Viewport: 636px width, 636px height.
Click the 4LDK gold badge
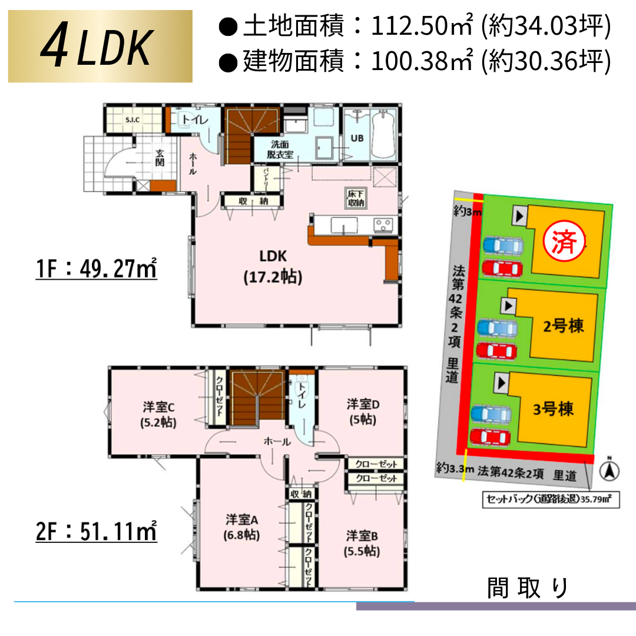[x=100, y=47]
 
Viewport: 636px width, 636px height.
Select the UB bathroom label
[x=357, y=138]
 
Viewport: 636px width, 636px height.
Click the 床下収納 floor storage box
[x=355, y=198]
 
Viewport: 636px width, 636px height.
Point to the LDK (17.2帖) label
[x=273, y=267]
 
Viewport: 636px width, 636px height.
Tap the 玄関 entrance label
[x=160, y=158]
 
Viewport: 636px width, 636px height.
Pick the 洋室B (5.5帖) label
[x=362, y=544]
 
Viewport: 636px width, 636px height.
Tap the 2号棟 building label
[x=563, y=326]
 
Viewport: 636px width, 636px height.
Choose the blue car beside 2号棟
[x=498, y=327]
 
